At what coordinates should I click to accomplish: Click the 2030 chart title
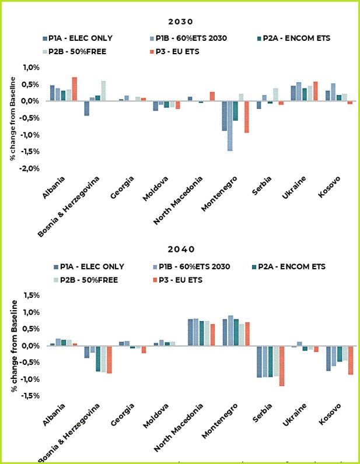[x=180, y=21]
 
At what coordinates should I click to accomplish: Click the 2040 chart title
[x=180, y=249]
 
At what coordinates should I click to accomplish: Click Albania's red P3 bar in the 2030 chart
[x=74, y=89]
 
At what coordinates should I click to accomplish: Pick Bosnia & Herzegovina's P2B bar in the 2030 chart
[x=103, y=91]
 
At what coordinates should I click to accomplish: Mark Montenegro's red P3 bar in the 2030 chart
[x=246, y=117]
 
